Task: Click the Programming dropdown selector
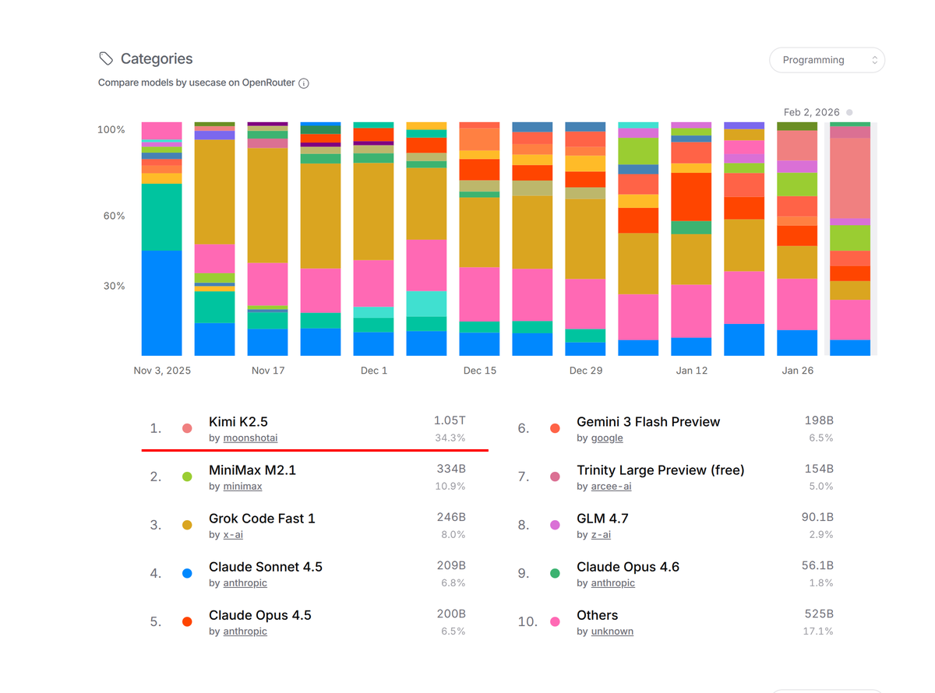[827, 60]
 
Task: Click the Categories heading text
[156, 59]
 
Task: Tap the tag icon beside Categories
[106, 58]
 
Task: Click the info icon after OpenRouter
[304, 83]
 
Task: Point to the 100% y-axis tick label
[111, 130]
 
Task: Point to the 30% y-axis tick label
[111, 286]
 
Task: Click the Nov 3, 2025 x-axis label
[162, 371]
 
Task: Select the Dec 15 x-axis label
[479, 371]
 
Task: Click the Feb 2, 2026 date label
[811, 112]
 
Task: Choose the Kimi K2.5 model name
[238, 421]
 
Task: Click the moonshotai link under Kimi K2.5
[250, 438]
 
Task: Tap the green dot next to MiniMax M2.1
[187, 477]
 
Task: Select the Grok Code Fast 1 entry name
[262, 519]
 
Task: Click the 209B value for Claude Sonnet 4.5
[451, 565]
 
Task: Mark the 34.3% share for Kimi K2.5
[450, 438]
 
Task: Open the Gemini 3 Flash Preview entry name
[648, 421]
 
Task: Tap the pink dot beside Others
[555, 621]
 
